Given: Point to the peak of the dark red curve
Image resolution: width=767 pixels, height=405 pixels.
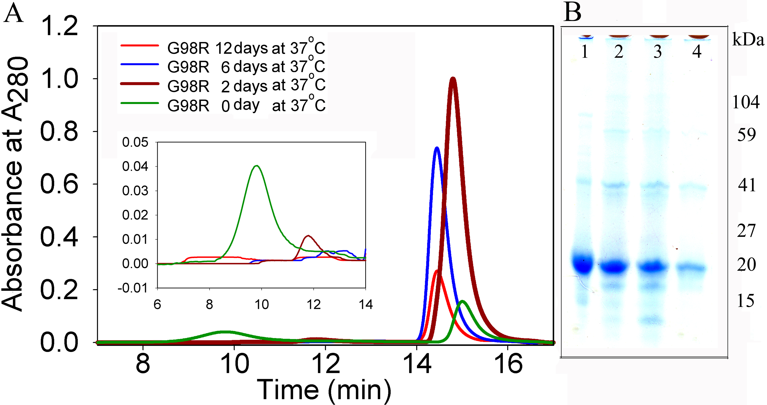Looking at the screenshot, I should (453, 79).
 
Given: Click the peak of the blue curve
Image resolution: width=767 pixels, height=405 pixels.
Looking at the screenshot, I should (437, 148).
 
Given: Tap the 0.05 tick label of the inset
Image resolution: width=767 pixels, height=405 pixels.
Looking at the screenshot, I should (135, 142).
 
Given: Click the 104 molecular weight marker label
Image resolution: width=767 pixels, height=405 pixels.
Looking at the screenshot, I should (746, 102).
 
